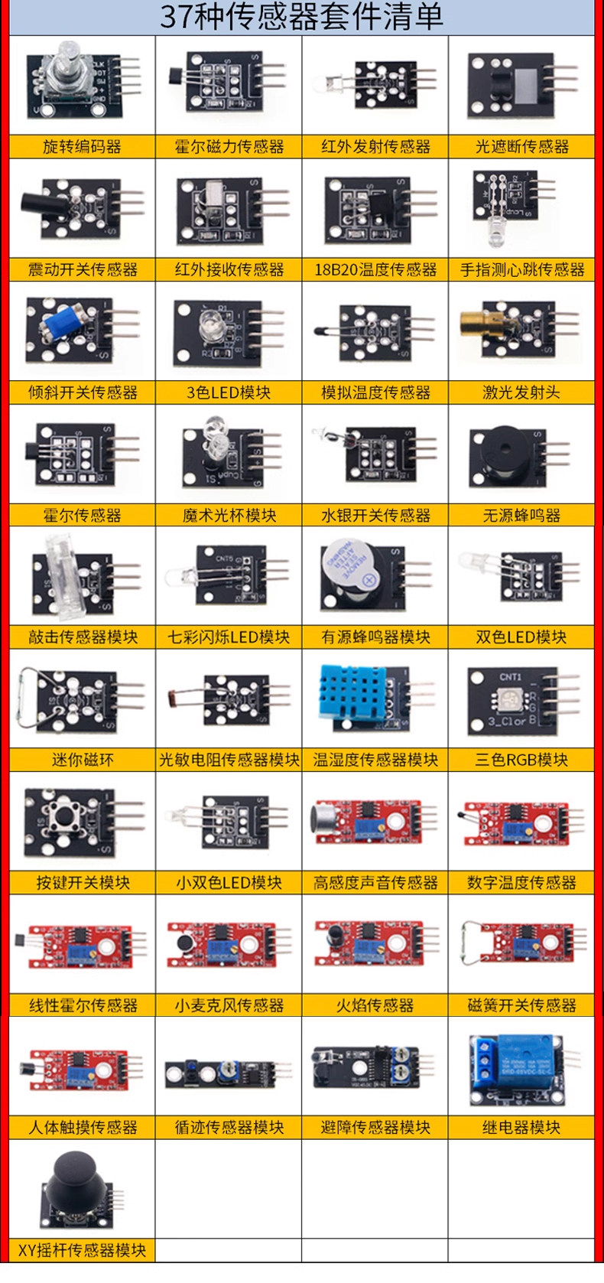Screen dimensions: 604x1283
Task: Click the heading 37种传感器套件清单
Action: point(301,17)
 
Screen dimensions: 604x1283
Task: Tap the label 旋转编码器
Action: point(82,147)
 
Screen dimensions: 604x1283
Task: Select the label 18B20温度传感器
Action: point(375,270)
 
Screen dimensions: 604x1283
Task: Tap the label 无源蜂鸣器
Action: point(521,516)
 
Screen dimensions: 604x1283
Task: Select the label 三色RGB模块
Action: point(521,760)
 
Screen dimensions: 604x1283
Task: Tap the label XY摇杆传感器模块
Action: point(82,1250)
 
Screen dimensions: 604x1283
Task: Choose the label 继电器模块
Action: point(521,1128)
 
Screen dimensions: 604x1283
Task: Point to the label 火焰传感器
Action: point(375,1005)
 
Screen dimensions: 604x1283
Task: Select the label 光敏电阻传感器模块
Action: point(229,760)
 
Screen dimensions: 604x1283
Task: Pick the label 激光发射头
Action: point(521,392)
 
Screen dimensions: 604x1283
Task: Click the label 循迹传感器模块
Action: point(229,1128)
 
